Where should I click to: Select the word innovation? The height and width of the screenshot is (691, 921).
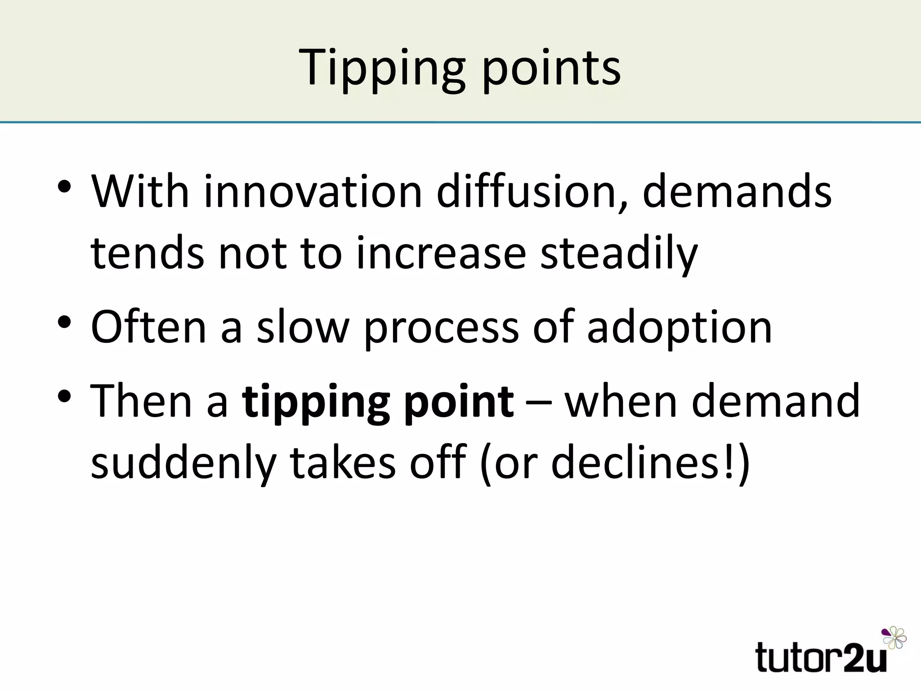point(313,192)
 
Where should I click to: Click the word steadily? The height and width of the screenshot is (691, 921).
point(619,254)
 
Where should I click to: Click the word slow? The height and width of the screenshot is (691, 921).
point(303,328)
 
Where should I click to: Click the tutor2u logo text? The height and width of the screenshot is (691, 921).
point(821,658)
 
